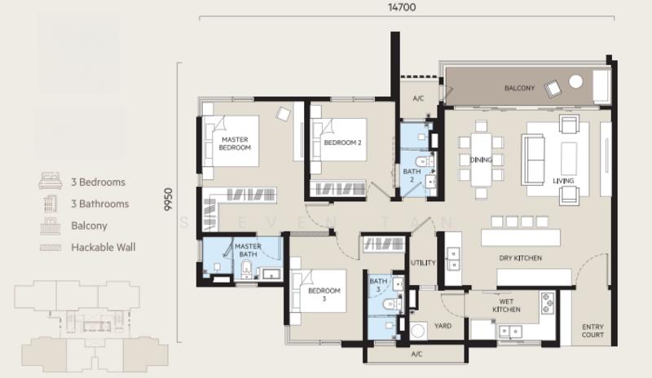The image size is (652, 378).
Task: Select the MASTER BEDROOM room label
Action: tap(236, 144)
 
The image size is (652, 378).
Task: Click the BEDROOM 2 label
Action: tap(342, 143)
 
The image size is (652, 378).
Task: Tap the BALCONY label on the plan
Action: tap(519, 88)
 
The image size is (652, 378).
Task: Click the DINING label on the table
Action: tap(481, 160)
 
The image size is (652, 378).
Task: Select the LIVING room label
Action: tap(563, 181)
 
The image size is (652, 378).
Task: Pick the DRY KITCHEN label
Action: tap(521, 258)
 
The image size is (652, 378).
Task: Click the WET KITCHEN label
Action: tap(506, 305)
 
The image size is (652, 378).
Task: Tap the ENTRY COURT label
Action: tap(593, 331)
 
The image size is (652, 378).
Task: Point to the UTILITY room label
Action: tap(423, 263)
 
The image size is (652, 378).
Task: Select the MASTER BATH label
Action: tap(247, 251)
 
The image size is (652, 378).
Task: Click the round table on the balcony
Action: tap(575, 81)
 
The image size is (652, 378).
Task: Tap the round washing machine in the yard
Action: tap(419, 332)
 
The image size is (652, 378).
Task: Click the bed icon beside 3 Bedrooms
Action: tap(51, 182)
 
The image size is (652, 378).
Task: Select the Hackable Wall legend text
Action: tap(104, 247)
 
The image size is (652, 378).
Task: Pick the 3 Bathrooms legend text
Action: tap(99, 204)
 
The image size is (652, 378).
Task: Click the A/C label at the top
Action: tap(418, 99)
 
